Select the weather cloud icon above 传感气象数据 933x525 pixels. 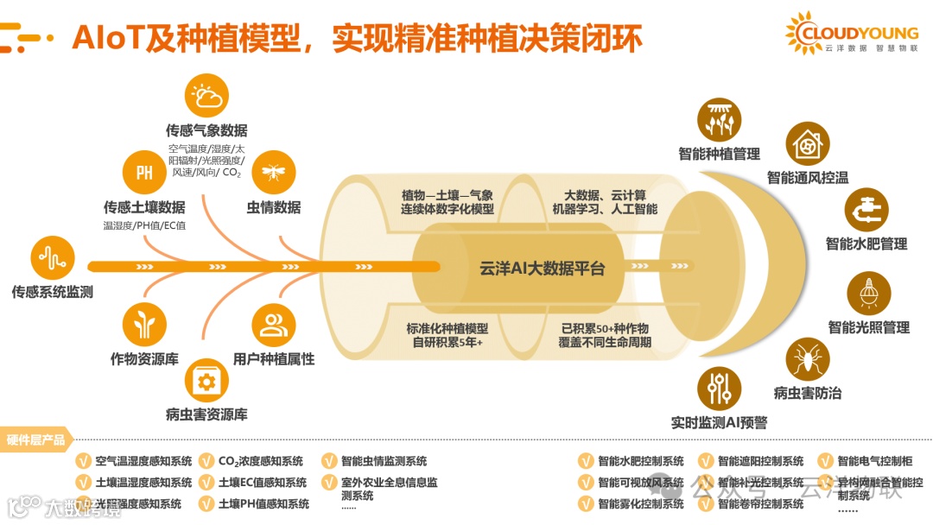[207, 97]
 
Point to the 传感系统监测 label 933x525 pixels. [52, 292]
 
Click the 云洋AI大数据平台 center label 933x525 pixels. [542, 269]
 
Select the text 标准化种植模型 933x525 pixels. [447, 328]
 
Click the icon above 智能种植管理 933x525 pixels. [719, 121]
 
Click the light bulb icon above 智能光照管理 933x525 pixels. [868, 294]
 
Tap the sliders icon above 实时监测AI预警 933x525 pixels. [719, 389]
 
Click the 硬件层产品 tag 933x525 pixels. [36, 440]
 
